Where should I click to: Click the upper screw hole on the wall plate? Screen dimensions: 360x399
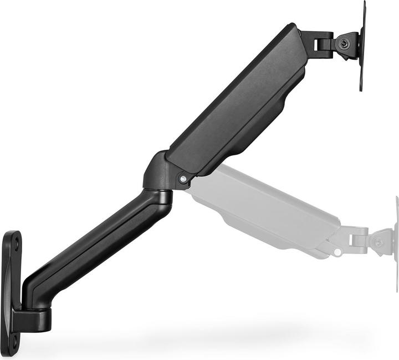(x=16, y=242)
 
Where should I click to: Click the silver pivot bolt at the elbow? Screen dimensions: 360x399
(x=182, y=178)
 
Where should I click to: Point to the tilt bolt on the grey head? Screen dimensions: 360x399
(x=379, y=242)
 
